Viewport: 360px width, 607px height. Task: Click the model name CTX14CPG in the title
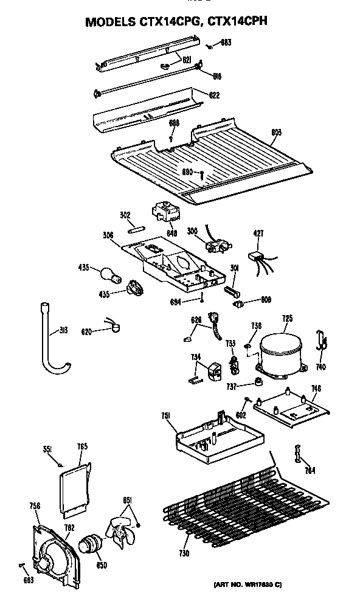tap(167, 22)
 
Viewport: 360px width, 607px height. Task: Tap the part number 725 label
tap(288, 317)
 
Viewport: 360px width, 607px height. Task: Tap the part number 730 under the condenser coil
tap(184, 553)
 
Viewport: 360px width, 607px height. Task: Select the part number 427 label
tap(258, 232)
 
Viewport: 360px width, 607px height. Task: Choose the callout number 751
tap(165, 415)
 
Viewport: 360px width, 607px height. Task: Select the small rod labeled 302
tap(135, 229)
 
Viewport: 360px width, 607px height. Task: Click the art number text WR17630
tap(250, 584)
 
